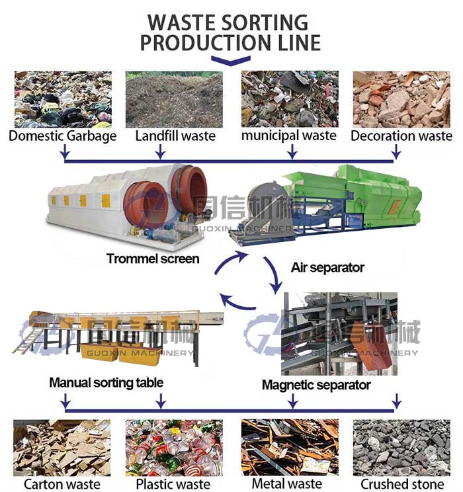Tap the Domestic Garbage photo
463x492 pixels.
click(63, 99)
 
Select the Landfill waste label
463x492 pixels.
click(175, 136)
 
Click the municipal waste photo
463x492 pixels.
click(290, 99)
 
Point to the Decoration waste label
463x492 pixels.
click(401, 136)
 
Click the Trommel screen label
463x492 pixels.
click(153, 259)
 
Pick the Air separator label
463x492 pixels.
click(327, 268)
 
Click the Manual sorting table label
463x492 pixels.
click(106, 382)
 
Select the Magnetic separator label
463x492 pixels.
click(316, 384)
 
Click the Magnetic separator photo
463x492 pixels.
click(340, 334)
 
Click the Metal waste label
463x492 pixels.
click(286, 483)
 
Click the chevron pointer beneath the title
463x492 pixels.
click(230, 61)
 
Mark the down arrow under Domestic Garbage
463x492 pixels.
click(64, 154)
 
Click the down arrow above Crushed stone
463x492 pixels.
click(396, 401)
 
